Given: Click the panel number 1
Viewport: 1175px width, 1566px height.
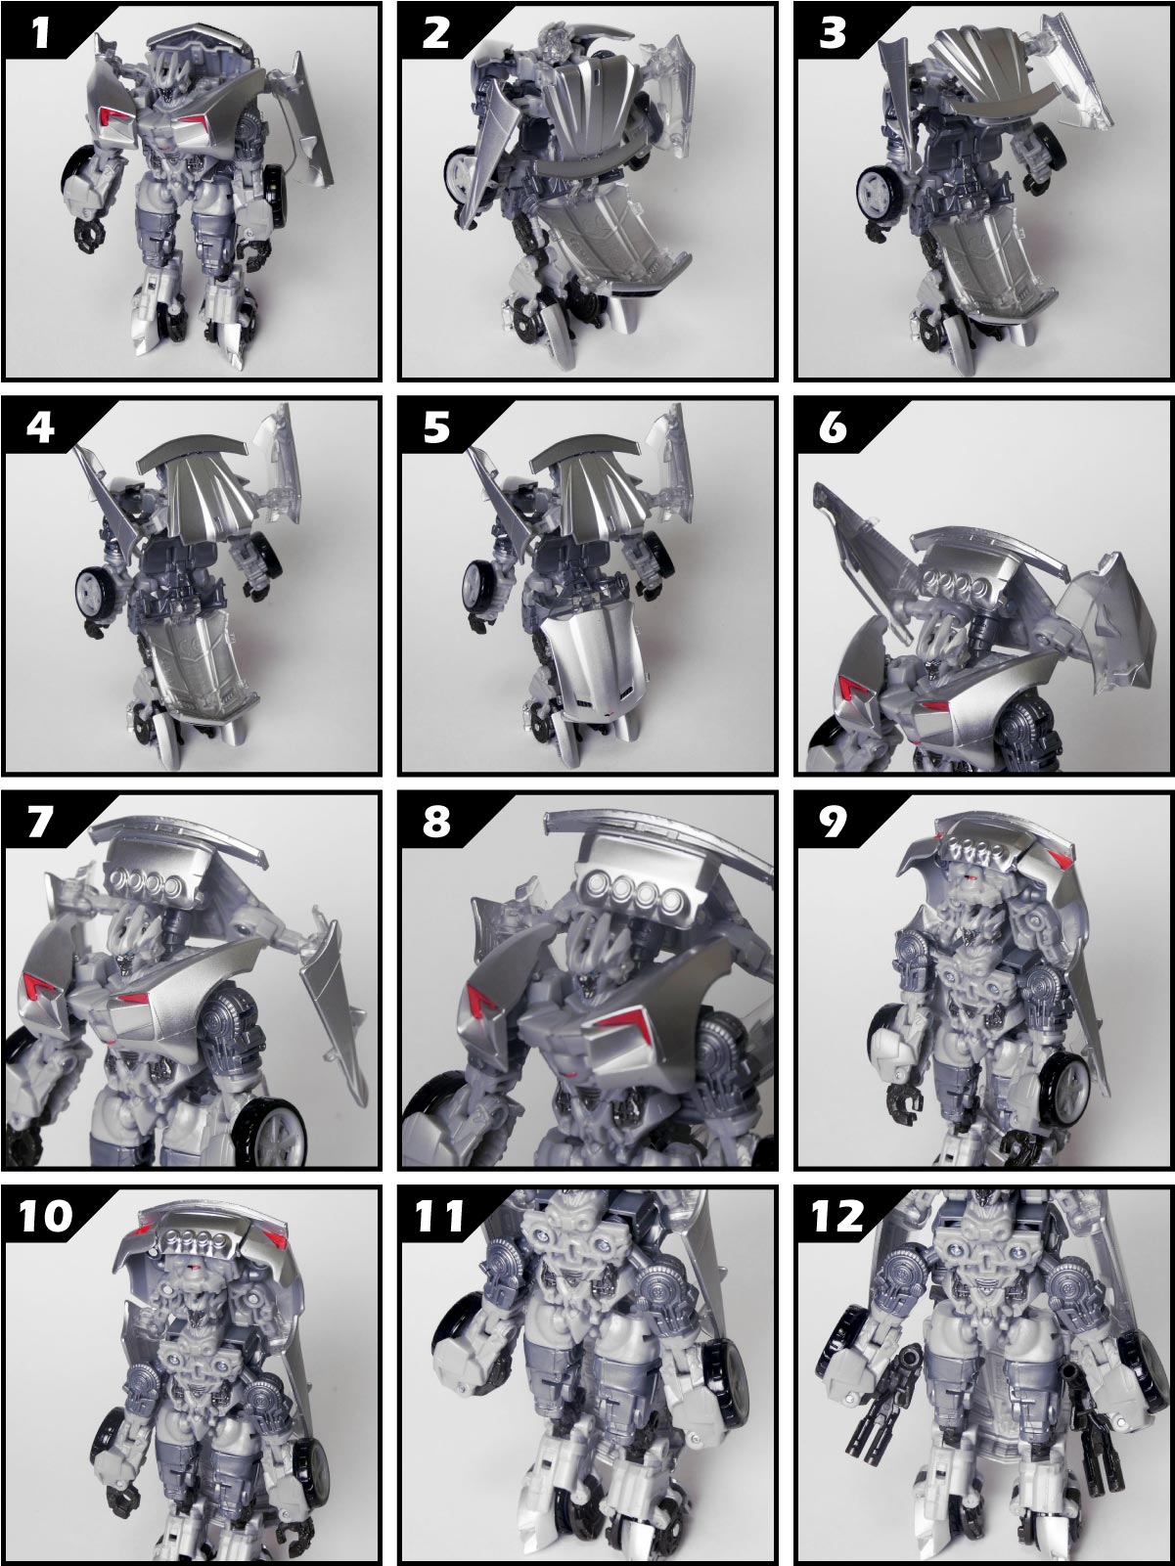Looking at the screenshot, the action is point(41,33).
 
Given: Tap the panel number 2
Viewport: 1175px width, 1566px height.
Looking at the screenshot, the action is point(436,33).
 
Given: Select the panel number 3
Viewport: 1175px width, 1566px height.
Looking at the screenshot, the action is point(833,33).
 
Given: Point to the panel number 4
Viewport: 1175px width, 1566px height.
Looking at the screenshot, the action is point(41,427).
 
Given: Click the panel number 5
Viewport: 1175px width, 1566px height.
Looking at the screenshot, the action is point(436,427).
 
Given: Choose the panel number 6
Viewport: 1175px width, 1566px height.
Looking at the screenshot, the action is point(833,427).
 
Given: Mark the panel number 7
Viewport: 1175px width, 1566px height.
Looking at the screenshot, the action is point(41,822).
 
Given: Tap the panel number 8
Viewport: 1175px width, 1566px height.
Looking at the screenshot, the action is point(436,822).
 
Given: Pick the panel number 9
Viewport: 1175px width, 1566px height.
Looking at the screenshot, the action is point(833,822).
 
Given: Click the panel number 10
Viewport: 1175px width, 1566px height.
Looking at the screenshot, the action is point(46,1215).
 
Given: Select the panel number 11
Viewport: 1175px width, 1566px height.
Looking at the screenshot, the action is point(439,1215).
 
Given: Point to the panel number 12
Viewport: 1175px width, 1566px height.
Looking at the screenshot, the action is point(837,1215).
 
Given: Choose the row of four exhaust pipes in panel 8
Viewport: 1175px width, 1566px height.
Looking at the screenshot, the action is point(629,892).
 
